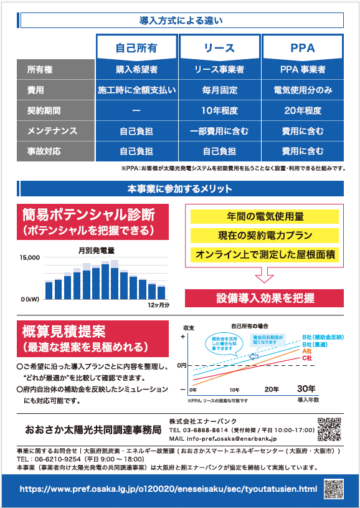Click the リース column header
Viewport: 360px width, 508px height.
coord(220,48)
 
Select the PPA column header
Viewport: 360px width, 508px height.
coord(303,48)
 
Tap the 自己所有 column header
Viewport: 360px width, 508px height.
coord(136,48)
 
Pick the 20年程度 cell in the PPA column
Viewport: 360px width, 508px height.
coord(303,110)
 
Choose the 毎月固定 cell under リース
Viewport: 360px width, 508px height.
coord(220,90)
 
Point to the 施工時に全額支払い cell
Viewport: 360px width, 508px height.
coord(136,90)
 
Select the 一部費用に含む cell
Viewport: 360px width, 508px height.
coord(220,131)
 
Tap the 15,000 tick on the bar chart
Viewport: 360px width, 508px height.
coord(29,257)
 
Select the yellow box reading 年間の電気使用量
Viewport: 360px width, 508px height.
coord(264,216)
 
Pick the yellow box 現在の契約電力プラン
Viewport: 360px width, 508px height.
coord(264,236)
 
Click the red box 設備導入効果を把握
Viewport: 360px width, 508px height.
coord(264,298)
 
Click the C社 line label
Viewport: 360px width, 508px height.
coord(307,358)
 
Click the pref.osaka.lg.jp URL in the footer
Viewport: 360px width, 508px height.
coord(169,489)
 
